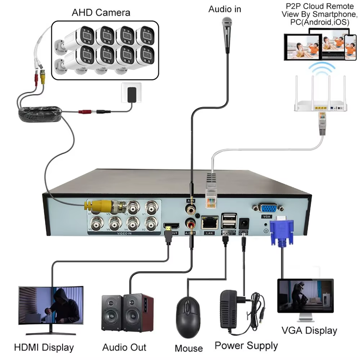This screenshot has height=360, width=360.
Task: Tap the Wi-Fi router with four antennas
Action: click(x=321, y=103)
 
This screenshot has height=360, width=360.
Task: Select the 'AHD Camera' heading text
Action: click(x=101, y=12)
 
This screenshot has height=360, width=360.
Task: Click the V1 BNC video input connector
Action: click(x=151, y=206)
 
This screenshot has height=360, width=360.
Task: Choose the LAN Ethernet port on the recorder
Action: click(x=210, y=223)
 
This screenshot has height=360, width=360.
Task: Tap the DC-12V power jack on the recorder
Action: click(x=244, y=222)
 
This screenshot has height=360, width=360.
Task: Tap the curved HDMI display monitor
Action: click(x=51, y=306)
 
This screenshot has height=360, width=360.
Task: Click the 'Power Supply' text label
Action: click(x=246, y=345)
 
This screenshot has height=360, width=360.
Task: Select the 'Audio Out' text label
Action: click(x=124, y=347)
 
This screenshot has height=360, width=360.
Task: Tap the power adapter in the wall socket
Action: click(x=131, y=94)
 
